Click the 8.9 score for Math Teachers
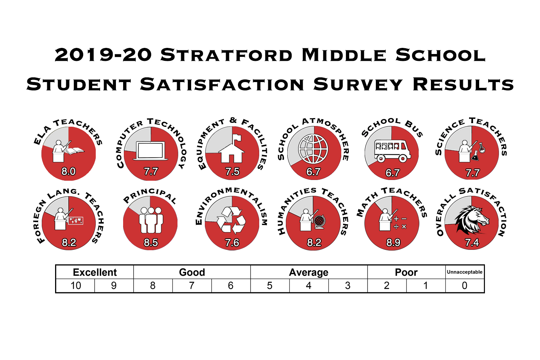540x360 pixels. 393,243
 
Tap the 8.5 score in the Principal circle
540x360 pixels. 151,243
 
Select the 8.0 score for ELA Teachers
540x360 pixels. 68,171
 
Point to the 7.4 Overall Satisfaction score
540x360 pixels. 472,243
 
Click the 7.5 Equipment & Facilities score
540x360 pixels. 233,172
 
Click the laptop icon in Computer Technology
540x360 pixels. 151,151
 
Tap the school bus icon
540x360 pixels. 392,151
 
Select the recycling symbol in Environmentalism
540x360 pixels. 231,220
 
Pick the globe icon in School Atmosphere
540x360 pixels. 313,149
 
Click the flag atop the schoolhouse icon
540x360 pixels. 237,138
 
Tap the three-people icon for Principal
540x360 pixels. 151,220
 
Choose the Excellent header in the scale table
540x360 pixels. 95,273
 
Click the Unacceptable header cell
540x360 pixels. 464,272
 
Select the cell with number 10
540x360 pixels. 76,286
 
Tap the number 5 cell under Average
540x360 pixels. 270,286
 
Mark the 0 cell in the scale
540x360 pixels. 464,286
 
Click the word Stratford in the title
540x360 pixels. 226,55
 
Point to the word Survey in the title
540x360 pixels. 358,84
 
